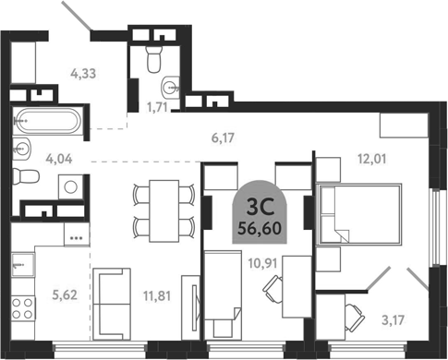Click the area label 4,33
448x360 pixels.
coord(83,74)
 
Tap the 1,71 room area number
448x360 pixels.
coord(157,107)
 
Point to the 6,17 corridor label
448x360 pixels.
coord(223,138)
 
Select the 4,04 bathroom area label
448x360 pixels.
coord(59,159)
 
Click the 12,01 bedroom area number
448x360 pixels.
coord(371,159)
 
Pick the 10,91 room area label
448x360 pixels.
coord(262,263)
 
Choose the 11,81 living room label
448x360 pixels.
coord(157,296)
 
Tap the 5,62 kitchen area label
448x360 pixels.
coord(65,295)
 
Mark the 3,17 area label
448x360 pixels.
coord(393,320)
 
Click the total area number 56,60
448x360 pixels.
coord(260,229)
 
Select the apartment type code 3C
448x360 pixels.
coord(260,208)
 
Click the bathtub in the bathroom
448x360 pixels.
coord(48,121)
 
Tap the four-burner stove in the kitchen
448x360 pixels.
coord(23,308)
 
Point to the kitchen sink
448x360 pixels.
coord(23,265)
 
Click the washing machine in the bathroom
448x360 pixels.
coord(71,186)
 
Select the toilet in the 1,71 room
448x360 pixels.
coord(154,59)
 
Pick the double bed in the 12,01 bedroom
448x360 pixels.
coord(359,214)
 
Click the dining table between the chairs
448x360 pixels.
coord(164,211)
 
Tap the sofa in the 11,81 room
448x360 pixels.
coord(112,304)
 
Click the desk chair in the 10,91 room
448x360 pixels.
coord(272,289)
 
